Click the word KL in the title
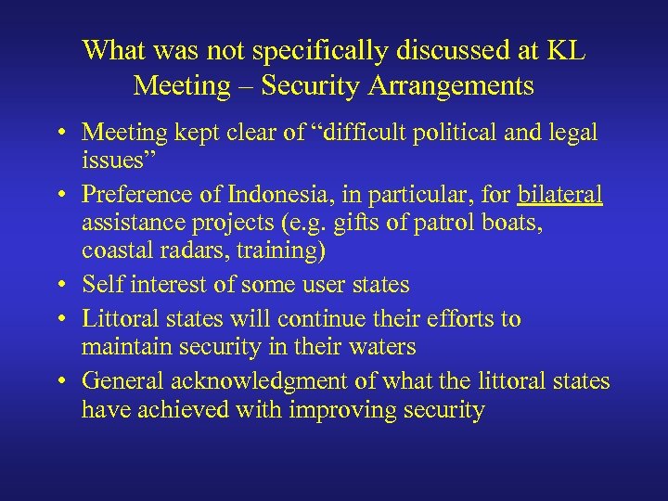[x=564, y=51]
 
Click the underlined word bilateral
[x=560, y=196]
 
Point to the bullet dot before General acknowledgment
[x=58, y=381]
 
